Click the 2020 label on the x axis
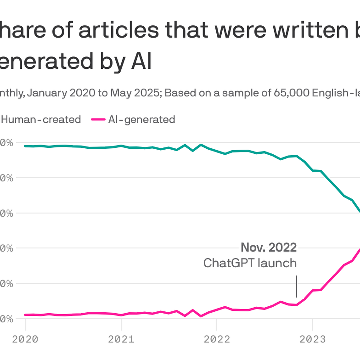[25, 339]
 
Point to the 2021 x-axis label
[121, 339]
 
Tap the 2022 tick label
[217, 339]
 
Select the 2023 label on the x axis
[312, 339]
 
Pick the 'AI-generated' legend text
[142, 119]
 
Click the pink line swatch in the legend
[98, 120]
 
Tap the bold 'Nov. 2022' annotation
[269, 247]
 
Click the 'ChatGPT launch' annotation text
[250, 263]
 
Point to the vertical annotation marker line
[296, 286]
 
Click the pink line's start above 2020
[25, 315]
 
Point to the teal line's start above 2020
[25, 146]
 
